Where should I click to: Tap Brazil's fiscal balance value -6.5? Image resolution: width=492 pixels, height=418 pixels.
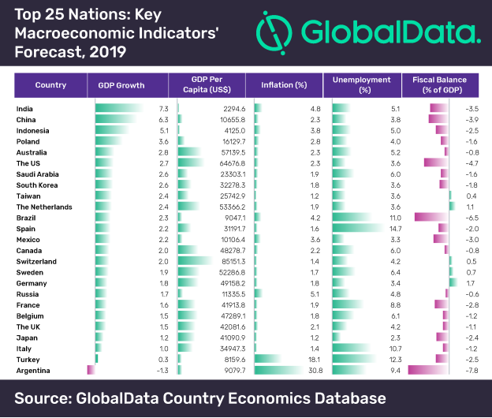[472, 217]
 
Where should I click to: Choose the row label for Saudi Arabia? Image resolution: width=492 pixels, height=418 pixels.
[36, 174]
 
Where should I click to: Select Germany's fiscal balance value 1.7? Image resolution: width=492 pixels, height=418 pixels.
[474, 282]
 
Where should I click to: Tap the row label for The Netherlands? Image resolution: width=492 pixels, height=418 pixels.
[44, 207]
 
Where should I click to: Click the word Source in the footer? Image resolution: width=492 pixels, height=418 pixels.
[50, 397]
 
